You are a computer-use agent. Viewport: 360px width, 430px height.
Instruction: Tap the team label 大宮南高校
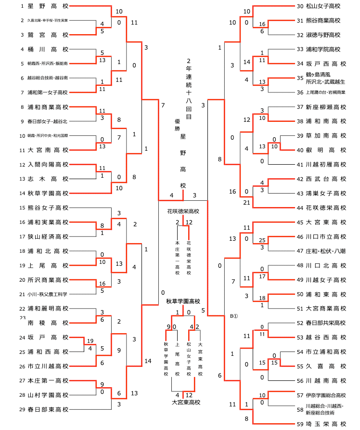tap(48, 150)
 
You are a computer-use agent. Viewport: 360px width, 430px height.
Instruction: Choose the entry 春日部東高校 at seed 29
tap(48, 409)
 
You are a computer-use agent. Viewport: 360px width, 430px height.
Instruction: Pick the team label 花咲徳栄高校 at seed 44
tap(326, 208)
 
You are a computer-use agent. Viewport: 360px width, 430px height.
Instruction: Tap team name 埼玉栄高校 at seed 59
tap(326, 424)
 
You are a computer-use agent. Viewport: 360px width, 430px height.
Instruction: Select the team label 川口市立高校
tap(326, 236)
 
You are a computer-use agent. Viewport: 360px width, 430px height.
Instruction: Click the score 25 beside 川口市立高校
tap(262, 240)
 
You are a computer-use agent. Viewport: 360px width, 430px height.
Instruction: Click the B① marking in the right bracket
tap(234, 316)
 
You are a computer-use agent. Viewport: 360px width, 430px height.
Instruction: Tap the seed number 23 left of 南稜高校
tap(23, 318)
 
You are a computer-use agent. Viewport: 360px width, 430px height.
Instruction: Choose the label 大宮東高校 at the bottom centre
tap(186, 402)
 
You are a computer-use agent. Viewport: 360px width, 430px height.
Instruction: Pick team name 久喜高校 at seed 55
tap(326, 366)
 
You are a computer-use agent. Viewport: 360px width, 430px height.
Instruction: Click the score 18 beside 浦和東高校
tap(262, 298)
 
